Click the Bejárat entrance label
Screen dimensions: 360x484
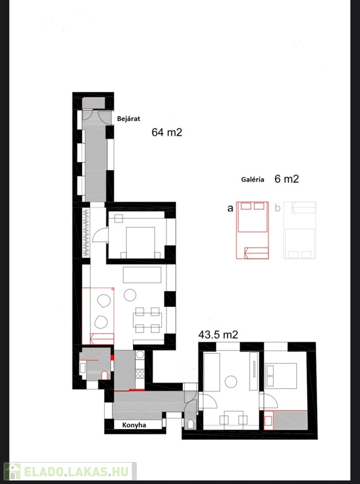(129, 119)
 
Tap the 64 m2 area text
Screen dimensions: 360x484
(166, 132)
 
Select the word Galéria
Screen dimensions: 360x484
(253, 180)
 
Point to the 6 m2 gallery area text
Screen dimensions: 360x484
(286, 179)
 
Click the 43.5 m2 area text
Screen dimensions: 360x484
(218, 335)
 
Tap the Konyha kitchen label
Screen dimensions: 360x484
(134, 425)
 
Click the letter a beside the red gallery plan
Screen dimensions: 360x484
(230, 209)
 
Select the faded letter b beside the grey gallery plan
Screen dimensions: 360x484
(277, 208)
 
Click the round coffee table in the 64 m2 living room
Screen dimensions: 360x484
(130, 295)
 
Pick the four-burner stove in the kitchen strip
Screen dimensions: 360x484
(140, 374)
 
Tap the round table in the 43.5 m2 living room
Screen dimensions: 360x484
(231, 382)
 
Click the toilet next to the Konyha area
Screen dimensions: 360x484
(190, 424)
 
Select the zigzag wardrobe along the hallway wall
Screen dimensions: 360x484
(86, 233)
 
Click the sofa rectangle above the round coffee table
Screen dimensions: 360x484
(142, 275)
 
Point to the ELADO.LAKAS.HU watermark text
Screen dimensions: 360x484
(76, 471)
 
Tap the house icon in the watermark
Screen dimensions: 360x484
(13, 471)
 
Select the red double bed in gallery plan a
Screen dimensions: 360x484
(252, 217)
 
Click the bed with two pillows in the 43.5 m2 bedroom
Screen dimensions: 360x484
(281, 376)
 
